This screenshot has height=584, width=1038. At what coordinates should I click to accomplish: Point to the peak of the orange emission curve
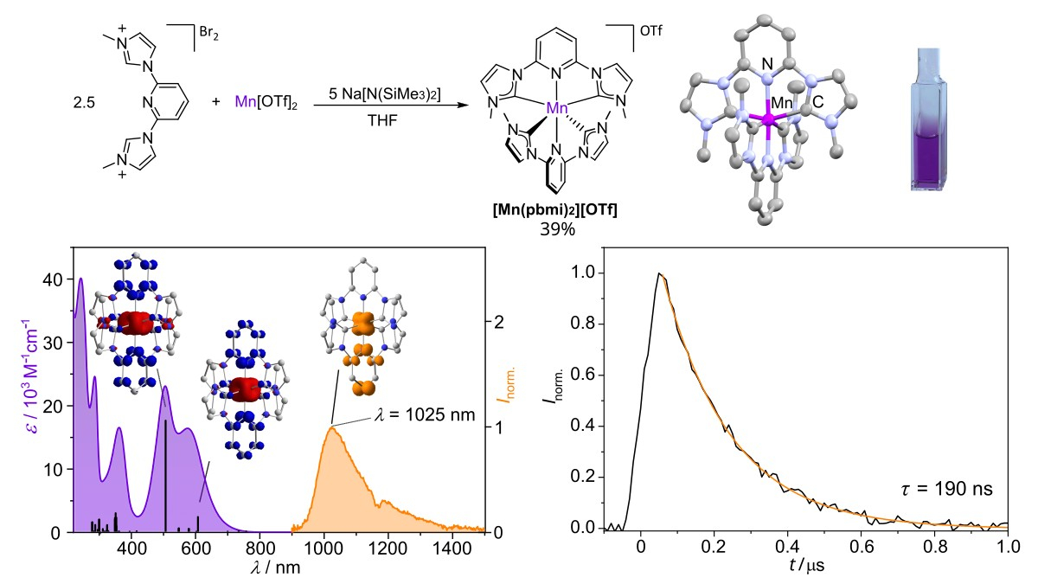331,427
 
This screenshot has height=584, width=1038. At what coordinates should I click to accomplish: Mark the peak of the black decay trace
659,273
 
